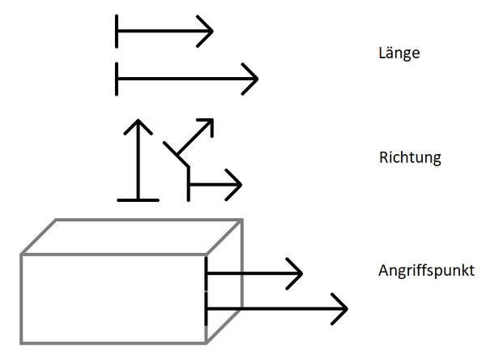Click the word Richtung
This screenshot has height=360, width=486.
tap(410, 157)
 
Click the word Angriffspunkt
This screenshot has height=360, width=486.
tap(426, 270)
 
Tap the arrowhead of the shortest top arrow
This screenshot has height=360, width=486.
tap(211, 32)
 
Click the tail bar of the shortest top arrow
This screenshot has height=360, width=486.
tap(117, 32)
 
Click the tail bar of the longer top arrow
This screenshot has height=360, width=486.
tap(117, 79)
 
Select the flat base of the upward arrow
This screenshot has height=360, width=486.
tap(138, 199)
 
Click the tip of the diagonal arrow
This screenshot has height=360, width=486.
tap(212, 120)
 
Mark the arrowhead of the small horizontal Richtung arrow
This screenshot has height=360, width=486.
tap(240, 184)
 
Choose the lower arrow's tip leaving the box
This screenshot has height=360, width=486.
tap(346, 308)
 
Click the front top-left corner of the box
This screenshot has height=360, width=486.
tap(22, 255)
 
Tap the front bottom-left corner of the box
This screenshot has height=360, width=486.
tap(22, 343)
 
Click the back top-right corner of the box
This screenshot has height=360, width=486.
tap(242, 220)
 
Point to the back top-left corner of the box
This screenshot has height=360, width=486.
tap(55, 220)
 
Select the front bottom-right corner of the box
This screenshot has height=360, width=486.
tap(207, 343)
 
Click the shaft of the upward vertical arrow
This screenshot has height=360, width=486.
tap(138, 162)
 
